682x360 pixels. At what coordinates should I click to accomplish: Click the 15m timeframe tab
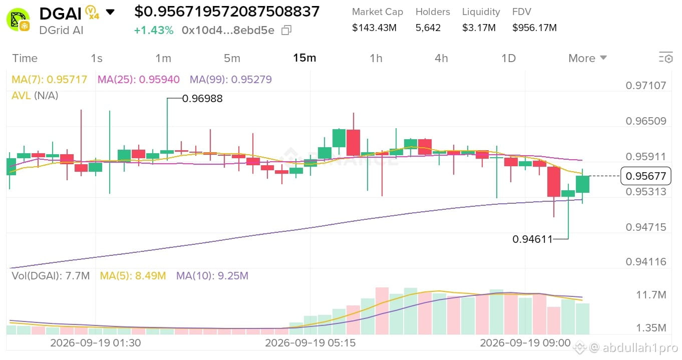pyautogui.click(x=304, y=58)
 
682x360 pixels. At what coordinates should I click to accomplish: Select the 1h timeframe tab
pyautogui.click(x=376, y=58)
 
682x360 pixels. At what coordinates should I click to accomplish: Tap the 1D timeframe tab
pyautogui.click(x=508, y=58)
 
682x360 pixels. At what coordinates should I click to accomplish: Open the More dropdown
pyautogui.click(x=587, y=58)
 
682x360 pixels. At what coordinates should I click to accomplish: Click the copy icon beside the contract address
pyautogui.click(x=286, y=30)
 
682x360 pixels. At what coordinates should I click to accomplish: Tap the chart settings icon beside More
pyautogui.click(x=665, y=58)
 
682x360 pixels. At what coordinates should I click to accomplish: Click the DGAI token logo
pyautogui.click(x=18, y=20)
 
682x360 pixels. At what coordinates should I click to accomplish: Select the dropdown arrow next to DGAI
pyautogui.click(x=110, y=12)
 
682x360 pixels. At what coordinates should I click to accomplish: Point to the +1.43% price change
pyautogui.click(x=154, y=30)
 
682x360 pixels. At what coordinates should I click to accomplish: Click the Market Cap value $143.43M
pyautogui.click(x=374, y=28)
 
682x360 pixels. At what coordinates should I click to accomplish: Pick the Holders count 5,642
pyautogui.click(x=428, y=28)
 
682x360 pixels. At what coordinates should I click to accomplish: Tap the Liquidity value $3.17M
pyautogui.click(x=479, y=28)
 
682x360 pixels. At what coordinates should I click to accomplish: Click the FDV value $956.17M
pyautogui.click(x=534, y=28)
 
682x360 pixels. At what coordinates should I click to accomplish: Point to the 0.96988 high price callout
pyautogui.click(x=202, y=98)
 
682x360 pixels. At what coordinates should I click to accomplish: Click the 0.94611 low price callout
pyautogui.click(x=532, y=239)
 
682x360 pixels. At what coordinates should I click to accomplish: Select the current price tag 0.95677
pyautogui.click(x=646, y=176)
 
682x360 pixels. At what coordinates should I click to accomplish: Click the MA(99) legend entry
pyautogui.click(x=231, y=80)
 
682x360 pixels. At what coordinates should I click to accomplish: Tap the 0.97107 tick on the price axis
pyautogui.click(x=646, y=85)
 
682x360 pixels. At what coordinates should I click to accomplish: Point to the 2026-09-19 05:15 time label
pyautogui.click(x=310, y=343)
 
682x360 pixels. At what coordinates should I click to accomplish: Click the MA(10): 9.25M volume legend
pyautogui.click(x=212, y=276)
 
